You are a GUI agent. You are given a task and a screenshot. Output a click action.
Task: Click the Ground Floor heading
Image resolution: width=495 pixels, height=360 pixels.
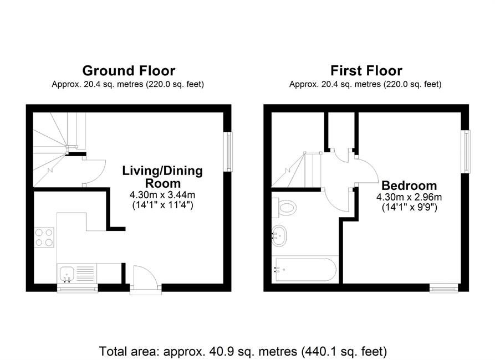pyautogui.click(x=129, y=71)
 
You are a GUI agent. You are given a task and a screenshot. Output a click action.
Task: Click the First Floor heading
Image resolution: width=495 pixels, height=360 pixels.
pyautogui.click(x=366, y=71)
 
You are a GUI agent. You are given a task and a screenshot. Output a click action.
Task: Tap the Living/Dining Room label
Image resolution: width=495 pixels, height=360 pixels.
pyautogui.click(x=162, y=177)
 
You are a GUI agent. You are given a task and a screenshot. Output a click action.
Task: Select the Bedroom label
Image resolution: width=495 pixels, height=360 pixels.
pyautogui.click(x=409, y=185)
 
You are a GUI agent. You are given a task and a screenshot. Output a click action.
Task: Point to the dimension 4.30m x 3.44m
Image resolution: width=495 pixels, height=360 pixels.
pyautogui.click(x=162, y=194)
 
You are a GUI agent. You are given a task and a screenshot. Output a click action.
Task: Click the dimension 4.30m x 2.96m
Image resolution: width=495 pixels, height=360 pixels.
pyautogui.click(x=409, y=197)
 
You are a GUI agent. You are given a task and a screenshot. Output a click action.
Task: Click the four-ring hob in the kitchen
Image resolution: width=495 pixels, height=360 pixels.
pyautogui.click(x=44, y=238)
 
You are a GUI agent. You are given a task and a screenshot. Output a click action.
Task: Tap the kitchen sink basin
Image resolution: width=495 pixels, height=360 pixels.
pyautogui.click(x=67, y=273)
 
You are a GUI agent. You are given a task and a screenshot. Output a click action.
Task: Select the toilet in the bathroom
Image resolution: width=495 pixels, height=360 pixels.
pyautogui.click(x=284, y=208)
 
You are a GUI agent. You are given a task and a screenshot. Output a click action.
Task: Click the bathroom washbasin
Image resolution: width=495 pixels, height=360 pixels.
pyautogui.click(x=279, y=236)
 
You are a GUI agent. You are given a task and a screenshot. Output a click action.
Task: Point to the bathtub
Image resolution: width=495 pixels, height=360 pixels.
pyautogui.click(x=305, y=270)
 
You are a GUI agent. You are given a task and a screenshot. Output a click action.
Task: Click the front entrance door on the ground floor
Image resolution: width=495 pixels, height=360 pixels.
pyautogui.click(x=146, y=277)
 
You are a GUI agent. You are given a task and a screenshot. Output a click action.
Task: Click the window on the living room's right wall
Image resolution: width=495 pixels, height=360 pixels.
pyautogui.click(x=228, y=152)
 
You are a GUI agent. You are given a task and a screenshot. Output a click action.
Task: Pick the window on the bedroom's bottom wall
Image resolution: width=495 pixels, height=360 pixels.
pyautogui.click(x=443, y=288)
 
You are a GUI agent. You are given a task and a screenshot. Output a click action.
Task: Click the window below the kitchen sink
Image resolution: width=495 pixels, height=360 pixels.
pyautogui.click(x=78, y=288)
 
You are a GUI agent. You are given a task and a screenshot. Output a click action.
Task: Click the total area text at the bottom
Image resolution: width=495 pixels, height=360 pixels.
pyautogui.click(x=243, y=351)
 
